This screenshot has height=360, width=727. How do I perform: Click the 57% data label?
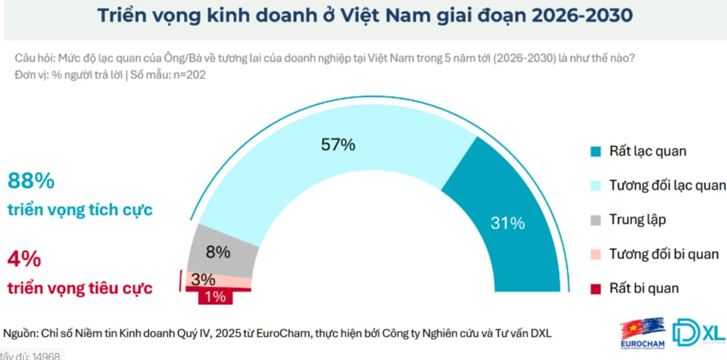coord(338,145)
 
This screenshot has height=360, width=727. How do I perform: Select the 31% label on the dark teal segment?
coord(508,223)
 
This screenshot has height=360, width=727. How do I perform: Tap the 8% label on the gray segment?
coord(218,252)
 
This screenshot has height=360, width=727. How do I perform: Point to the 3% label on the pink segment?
coord(203,279)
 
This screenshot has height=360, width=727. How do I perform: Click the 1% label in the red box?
coord(215,297)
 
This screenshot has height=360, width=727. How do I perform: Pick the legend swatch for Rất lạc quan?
coord(595,151)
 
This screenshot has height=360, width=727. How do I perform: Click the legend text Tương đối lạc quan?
coord(667,185)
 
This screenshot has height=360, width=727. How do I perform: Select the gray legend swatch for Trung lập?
coord(595,220)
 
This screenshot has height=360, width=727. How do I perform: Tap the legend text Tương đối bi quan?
coord(663,254)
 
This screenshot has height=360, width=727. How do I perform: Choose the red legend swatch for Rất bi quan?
coord(595,289)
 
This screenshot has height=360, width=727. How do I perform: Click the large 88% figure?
coord(31,181)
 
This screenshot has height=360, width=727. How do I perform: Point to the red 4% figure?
coord(24,259)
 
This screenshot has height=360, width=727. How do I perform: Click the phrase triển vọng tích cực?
coord(80,210)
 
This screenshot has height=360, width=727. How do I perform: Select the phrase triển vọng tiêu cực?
coord(80,289)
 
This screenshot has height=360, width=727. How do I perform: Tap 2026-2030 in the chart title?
coord(582,15)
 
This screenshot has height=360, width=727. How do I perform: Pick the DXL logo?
coord(698,332)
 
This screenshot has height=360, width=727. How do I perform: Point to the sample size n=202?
coord(189,75)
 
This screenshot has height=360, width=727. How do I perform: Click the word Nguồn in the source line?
coord(20,334)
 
